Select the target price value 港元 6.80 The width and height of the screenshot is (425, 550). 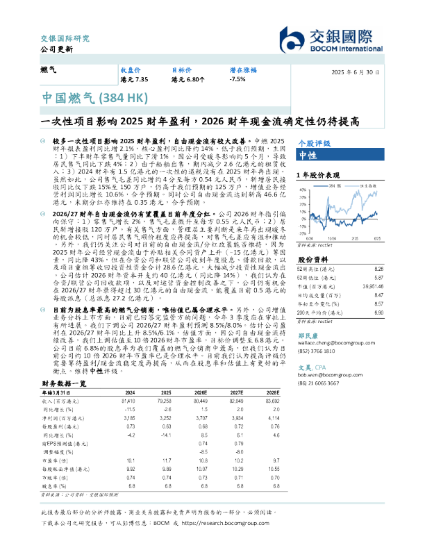[188, 81]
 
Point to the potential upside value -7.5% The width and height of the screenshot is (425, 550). [237, 81]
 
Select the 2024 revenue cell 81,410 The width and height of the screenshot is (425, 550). [128, 401]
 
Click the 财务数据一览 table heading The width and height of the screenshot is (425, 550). [64, 383]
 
